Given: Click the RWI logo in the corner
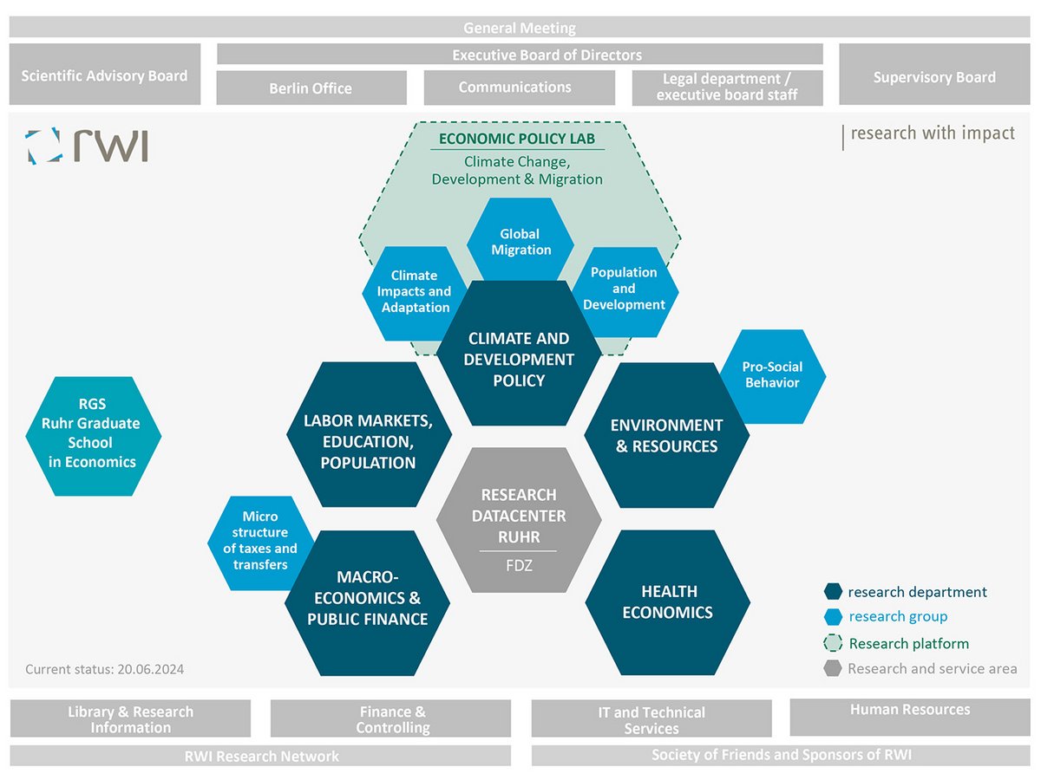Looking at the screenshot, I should click(x=87, y=146).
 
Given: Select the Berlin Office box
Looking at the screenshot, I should click(x=311, y=88).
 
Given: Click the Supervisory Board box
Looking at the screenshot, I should click(x=934, y=77).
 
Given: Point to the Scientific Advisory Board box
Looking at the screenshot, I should click(x=104, y=75).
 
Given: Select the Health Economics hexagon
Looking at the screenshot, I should click(x=668, y=602).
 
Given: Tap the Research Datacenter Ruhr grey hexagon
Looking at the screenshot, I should click(x=519, y=520).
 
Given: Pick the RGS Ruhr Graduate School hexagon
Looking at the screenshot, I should click(x=93, y=436).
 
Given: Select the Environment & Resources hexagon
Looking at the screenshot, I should click(x=666, y=436).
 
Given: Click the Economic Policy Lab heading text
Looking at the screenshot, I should click(x=517, y=139).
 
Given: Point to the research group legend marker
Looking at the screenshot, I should click(x=833, y=617).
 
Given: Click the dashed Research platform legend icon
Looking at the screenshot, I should click(x=833, y=644).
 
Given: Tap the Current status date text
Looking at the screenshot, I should click(x=104, y=669).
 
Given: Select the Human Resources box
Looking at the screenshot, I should click(x=910, y=711).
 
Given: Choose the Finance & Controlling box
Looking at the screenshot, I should click(x=392, y=719).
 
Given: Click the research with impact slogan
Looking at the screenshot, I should click(x=932, y=133).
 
